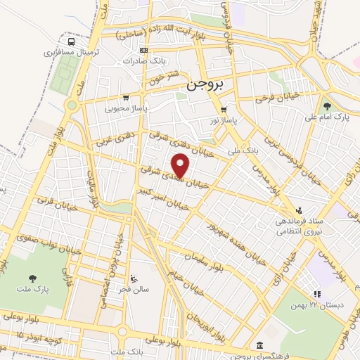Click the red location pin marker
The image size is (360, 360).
tap(181, 166)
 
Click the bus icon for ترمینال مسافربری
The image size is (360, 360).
tap(67, 41)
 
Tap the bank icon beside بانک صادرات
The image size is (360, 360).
tap(143, 50)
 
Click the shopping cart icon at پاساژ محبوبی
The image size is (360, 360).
tap(126, 98)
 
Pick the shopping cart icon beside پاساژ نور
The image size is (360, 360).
tap(224, 109)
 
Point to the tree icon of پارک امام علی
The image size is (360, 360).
tap(327, 105)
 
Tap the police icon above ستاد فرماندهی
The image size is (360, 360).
tap(300, 210)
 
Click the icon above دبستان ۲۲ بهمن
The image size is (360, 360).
tap(316, 294)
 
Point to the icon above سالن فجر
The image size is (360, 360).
tap(134, 277)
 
